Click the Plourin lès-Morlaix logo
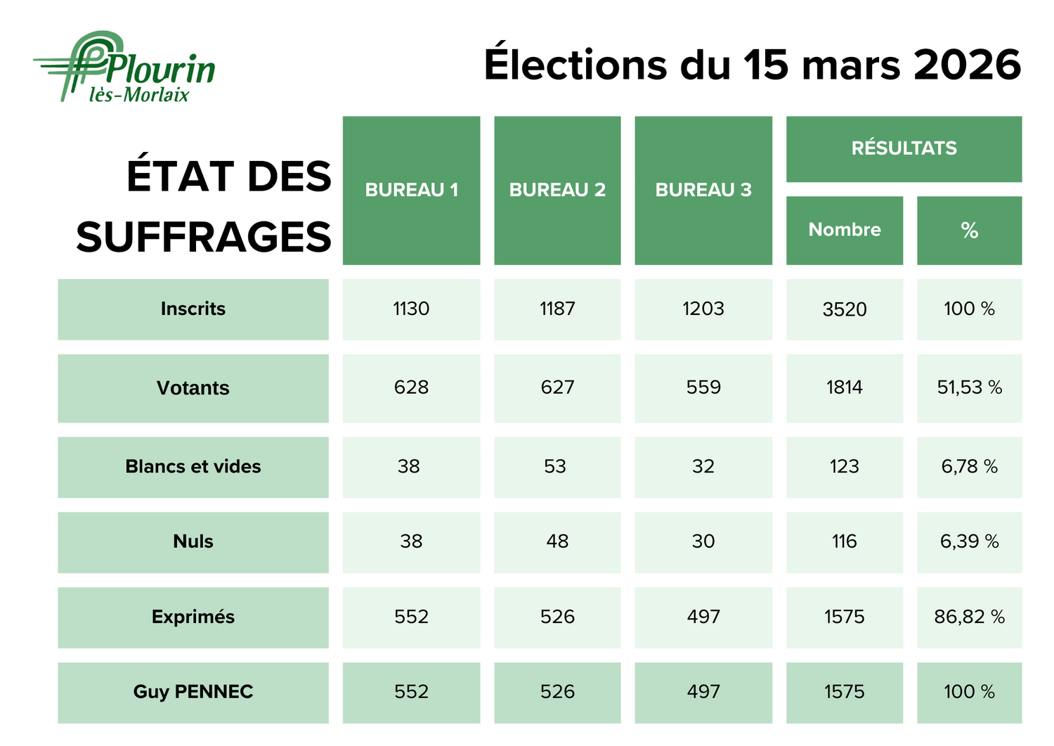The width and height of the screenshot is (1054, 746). (x=125, y=67)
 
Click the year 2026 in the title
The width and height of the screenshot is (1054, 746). (x=967, y=65)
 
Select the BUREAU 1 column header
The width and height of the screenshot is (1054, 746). (x=411, y=190)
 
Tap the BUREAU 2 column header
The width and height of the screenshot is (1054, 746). (x=557, y=190)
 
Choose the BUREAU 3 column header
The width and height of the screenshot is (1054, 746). (x=703, y=190)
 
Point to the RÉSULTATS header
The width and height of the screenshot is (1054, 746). (x=904, y=148)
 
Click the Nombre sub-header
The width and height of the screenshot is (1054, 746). (x=844, y=230)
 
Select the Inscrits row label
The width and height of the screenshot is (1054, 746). (x=193, y=309)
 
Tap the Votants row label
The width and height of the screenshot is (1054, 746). (x=193, y=388)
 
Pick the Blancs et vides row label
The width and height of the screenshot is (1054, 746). (x=193, y=467)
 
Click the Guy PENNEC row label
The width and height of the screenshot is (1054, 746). (x=193, y=692)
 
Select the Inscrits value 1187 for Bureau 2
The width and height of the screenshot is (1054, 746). (x=557, y=309)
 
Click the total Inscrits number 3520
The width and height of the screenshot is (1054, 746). (x=844, y=309)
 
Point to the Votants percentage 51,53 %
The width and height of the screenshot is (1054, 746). (x=969, y=387)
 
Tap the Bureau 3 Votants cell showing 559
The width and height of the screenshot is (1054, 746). (x=703, y=387)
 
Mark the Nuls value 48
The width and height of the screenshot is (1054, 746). (x=557, y=541)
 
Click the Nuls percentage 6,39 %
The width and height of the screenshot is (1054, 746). (x=969, y=541)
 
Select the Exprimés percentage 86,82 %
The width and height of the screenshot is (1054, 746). (x=969, y=617)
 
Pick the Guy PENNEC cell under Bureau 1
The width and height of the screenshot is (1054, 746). (x=411, y=692)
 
